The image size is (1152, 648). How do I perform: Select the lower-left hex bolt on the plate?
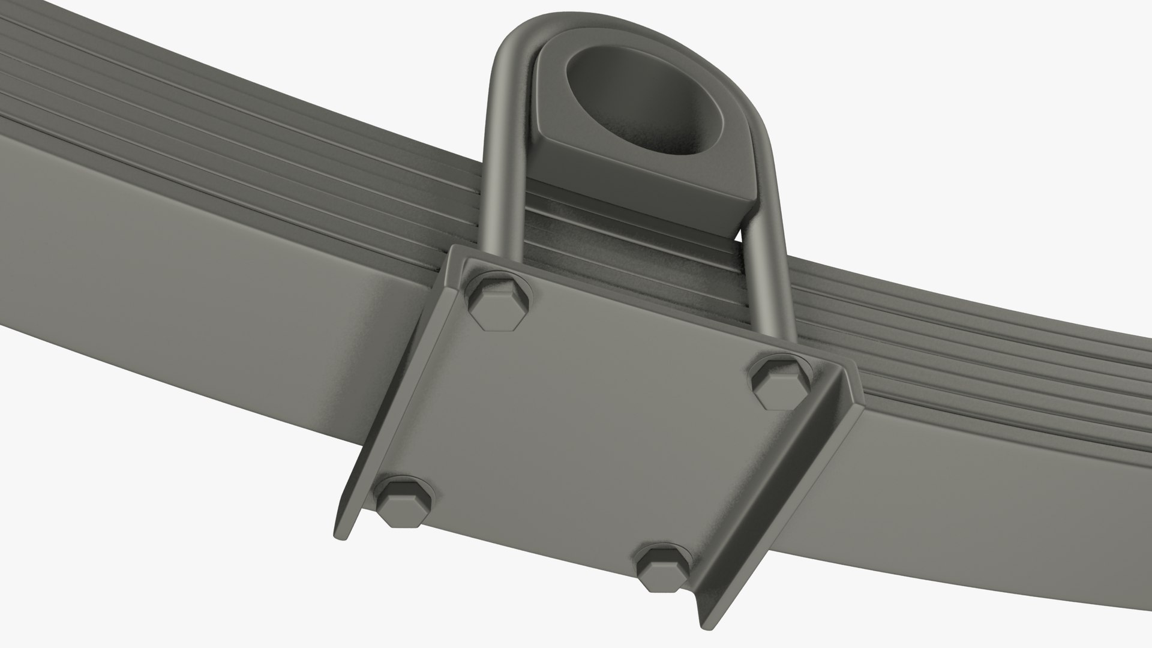coord(403,502)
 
